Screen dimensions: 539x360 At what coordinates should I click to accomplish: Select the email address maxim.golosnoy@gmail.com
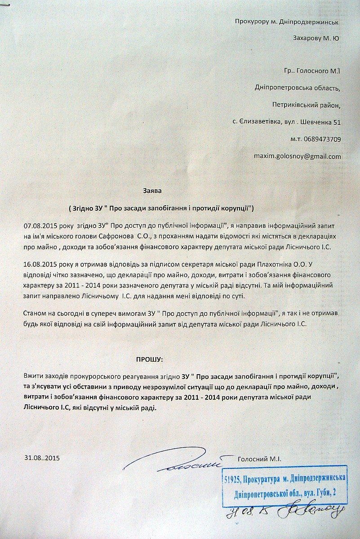click(x=298, y=156)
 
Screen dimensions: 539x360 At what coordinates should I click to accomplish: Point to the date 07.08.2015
click(x=40, y=224)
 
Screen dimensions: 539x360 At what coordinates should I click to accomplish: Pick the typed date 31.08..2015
click(x=42, y=459)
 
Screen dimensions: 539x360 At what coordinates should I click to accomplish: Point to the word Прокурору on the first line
click(x=252, y=21)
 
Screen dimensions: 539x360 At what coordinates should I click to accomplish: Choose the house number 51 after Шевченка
click(x=337, y=122)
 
